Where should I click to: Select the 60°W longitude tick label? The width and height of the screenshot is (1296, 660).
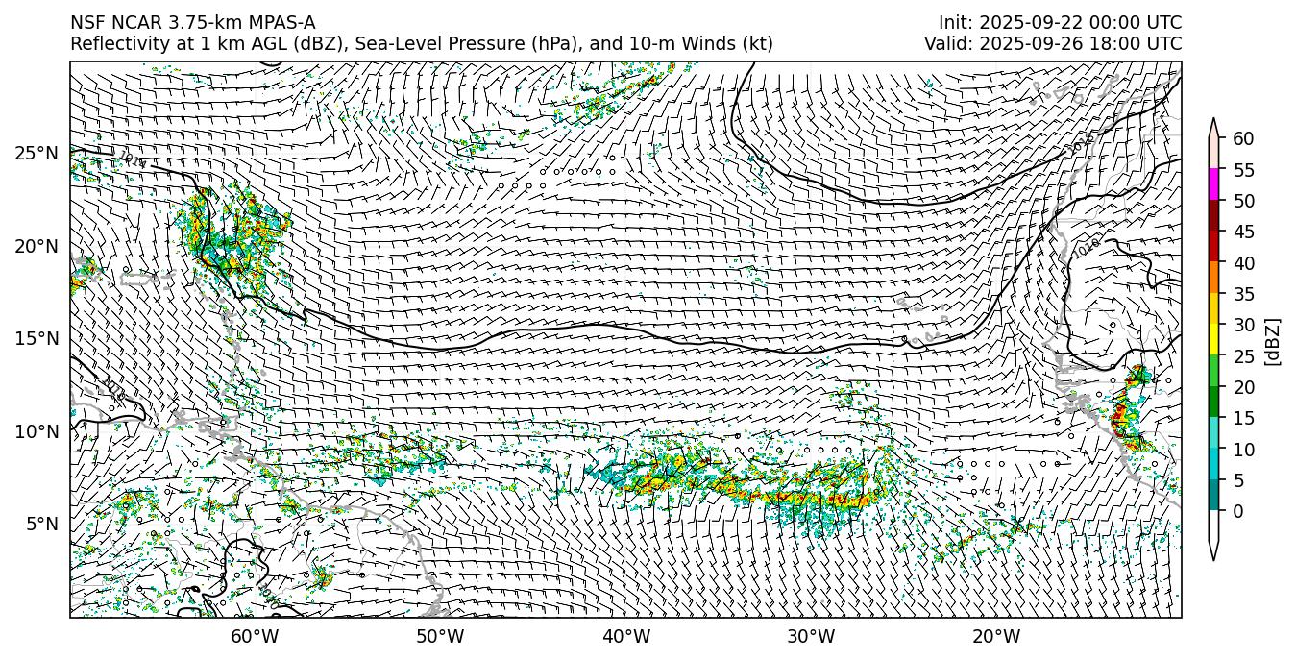(255, 636)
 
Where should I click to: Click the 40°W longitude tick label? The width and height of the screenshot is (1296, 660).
(625, 636)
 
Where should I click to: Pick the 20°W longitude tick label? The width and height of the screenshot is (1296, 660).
(996, 636)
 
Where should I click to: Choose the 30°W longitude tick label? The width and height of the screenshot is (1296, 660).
(811, 636)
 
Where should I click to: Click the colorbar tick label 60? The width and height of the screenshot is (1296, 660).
(1243, 139)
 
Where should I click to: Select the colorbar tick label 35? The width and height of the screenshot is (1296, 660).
(1243, 294)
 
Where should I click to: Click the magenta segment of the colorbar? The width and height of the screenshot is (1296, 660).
(1213, 185)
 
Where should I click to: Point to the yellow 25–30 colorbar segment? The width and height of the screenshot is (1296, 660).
(1213, 340)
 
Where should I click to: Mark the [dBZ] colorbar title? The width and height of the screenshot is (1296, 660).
(1273, 341)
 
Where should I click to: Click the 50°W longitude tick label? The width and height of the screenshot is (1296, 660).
(440, 636)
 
